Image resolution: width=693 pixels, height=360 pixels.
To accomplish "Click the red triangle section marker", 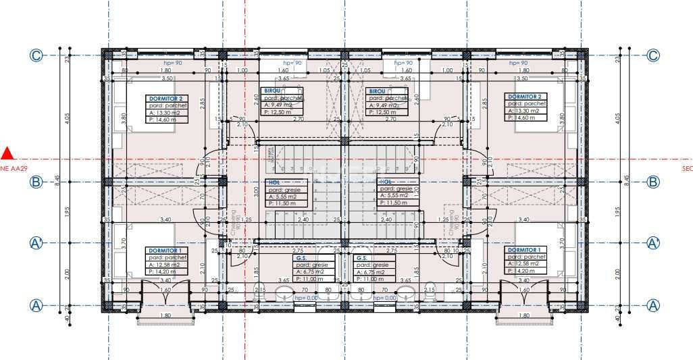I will pos(7,153).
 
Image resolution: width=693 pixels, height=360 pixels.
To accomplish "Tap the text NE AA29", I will pos(14,168).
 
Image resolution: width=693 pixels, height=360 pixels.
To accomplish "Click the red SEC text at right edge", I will pos(687,168).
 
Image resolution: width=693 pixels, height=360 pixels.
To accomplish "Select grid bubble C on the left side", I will pos(36,56).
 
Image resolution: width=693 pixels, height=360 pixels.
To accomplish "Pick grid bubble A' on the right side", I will pos(653,242).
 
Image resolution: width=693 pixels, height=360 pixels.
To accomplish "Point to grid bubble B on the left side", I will pos(36,182).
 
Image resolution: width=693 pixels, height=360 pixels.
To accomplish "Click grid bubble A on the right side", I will pos(653,305).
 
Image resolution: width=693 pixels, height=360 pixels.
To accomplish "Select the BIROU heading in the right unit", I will pos(376,91).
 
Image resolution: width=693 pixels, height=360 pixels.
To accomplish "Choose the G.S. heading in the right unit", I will pos(361,257).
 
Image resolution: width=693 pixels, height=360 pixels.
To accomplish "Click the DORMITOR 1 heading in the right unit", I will pos(525,250).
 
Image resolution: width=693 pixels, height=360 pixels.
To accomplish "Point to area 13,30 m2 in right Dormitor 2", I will pos(525,111).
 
